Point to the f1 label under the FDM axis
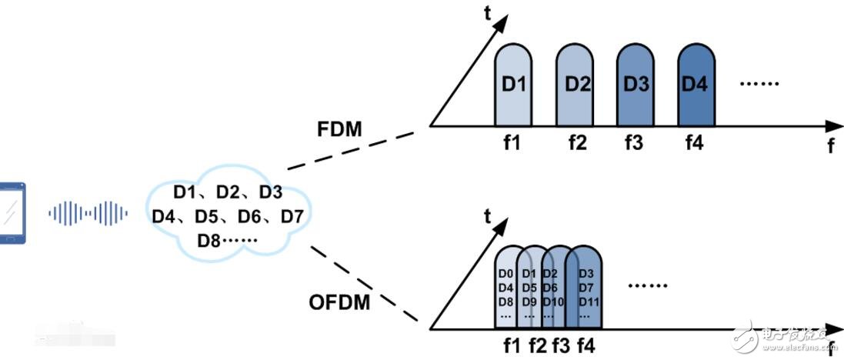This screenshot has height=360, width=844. coord(512,143)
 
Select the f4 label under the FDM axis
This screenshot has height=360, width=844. coord(694,143)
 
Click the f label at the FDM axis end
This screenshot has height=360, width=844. coord(830,146)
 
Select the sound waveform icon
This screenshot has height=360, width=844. coord(87,213)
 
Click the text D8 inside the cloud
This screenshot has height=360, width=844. coord(208,241)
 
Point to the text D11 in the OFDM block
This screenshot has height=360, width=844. coord(589,302)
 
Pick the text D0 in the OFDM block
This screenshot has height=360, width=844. coord(505,275)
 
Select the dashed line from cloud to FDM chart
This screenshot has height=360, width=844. coord(350,151)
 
